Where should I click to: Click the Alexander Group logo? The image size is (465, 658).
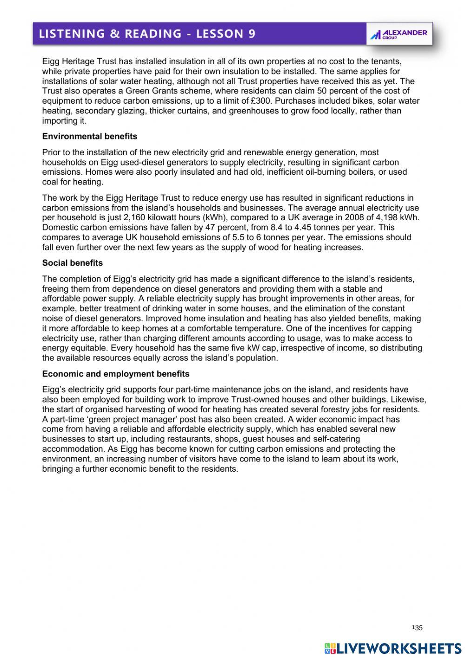(399, 34)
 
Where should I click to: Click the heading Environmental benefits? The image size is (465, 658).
(90, 136)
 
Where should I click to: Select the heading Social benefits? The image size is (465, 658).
(73, 263)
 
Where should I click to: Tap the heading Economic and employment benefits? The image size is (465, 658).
(116, 374)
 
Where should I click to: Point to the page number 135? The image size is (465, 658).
(417, 628)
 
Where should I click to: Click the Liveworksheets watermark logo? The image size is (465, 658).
(393, 649)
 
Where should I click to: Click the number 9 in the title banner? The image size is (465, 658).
(251, 33)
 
